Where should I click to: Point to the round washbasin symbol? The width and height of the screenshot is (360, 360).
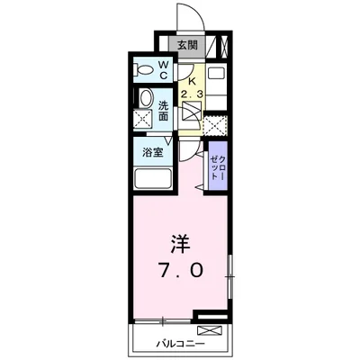[144, 99]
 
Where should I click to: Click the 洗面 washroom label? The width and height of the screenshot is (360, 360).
[164, 110]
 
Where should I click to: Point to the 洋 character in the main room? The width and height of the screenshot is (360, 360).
[178, 244]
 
